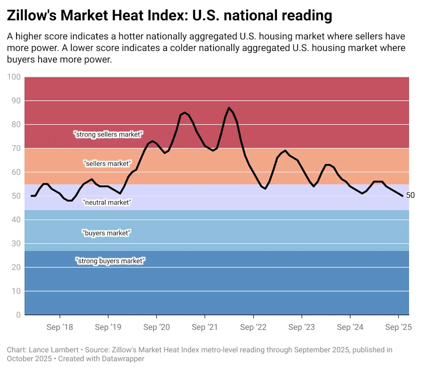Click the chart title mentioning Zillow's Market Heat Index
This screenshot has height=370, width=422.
(169, 16)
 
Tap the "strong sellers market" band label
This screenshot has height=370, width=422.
(108, 134)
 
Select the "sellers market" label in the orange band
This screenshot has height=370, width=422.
(107, 164)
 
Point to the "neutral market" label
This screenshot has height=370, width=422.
(107, 202)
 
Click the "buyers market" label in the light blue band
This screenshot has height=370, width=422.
(107, 233)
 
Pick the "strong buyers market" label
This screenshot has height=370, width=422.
(110, 261)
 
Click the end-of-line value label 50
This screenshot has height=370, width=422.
(410, 195)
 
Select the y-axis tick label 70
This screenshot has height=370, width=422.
(15, 148)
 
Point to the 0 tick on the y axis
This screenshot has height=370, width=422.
(18, 315)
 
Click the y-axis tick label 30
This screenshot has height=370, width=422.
(15, 244)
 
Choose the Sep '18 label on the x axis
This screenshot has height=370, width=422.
(59, 328)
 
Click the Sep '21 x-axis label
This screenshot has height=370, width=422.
(205, 328)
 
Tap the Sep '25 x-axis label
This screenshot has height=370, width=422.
(399, 328)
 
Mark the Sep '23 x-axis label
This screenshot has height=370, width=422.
(302, 328)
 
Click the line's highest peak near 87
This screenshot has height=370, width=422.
(229, 108)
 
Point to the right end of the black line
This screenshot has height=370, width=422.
(403, 196)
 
